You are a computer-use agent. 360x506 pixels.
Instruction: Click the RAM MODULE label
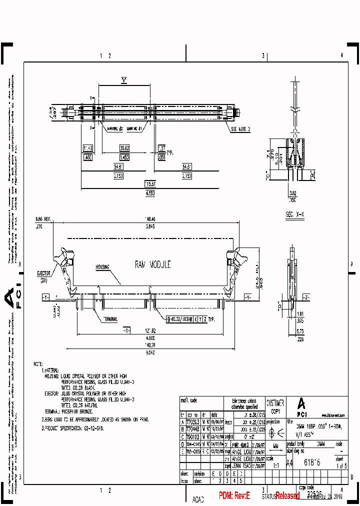tap(152, 264)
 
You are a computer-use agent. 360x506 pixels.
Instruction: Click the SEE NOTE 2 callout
tap(241, 129)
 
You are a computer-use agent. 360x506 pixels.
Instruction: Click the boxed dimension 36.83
tap(124, 148)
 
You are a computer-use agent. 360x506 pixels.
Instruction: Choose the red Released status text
tap(287, 495)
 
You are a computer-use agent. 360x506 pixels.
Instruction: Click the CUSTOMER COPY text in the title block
tap(275, 406)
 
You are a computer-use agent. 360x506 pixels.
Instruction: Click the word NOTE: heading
tap(38, 364)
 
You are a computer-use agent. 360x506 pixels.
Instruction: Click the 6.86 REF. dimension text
tap(43, 219)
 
